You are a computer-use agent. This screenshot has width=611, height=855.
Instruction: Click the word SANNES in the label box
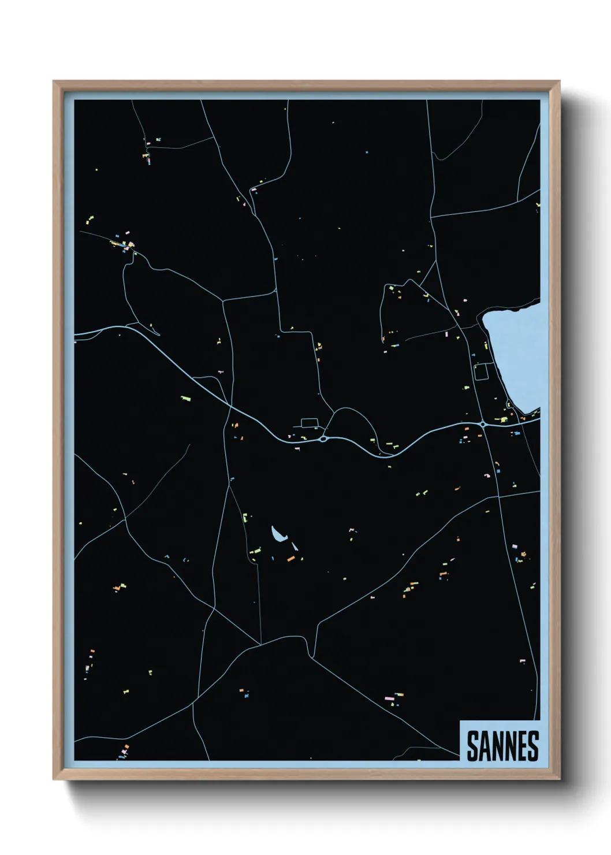[502, 746]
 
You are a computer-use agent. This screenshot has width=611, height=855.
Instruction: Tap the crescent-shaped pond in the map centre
[278, 535]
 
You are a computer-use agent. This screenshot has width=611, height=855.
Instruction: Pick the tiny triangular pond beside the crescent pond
[295, 545]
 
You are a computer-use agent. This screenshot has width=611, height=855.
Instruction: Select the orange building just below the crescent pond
[291, 559]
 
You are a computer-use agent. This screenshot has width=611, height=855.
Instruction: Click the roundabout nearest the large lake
[482, 424]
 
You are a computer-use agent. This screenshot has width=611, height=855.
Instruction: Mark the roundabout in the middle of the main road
[323, 439]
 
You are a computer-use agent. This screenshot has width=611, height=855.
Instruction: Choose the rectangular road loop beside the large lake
[481, 371]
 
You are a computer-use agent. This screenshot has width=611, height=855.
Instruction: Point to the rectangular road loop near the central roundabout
[310, 423]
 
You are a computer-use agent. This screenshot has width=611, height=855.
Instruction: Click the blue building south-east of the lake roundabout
[517, 433]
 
